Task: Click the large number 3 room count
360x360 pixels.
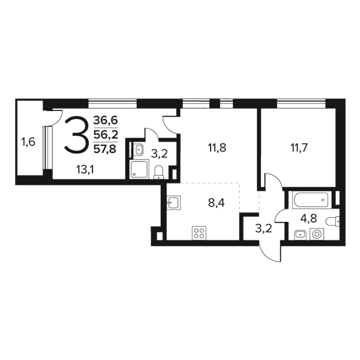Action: (77, 135)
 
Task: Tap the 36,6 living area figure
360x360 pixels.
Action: (106, 120)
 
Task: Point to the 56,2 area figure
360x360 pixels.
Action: (106, 134)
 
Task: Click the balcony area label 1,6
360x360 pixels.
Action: (28, 142)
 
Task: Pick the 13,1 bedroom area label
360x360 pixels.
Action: (85, 170)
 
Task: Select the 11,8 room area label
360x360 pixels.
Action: (217, 148)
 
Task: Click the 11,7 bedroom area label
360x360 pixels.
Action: (299, 148)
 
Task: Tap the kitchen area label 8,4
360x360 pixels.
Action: (216, 203)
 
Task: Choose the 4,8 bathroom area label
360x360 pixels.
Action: (309, 218)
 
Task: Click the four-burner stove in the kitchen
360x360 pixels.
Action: (199, 233)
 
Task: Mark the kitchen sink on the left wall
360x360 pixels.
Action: (174, 203)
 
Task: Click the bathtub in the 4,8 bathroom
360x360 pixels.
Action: (312, 200)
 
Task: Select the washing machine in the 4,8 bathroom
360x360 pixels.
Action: (317, 234)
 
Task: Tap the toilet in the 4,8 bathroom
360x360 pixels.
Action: (332, 221)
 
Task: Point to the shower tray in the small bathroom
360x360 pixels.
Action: (140, 169)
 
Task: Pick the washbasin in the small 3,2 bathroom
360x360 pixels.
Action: (138, 149)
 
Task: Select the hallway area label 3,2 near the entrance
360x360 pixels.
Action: (263, 229)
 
